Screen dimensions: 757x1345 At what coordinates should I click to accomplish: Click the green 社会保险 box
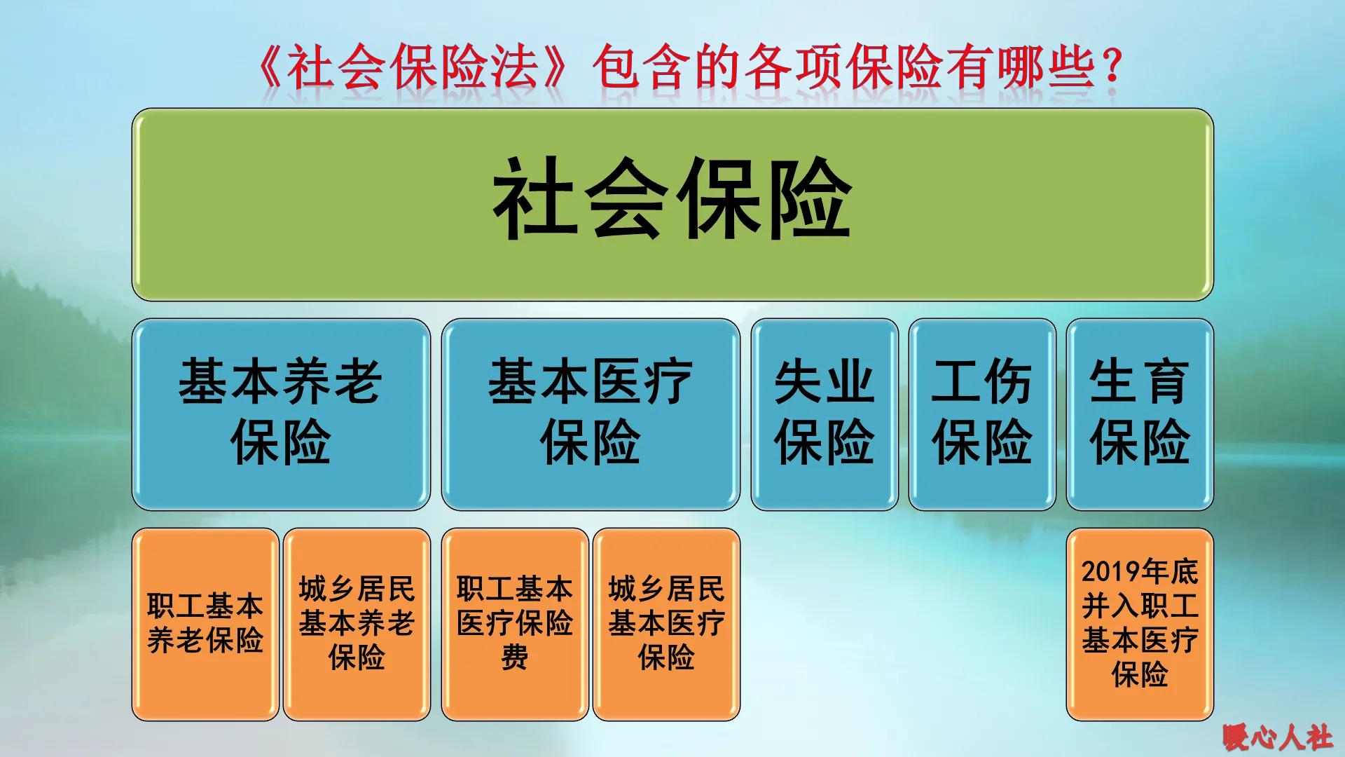672,204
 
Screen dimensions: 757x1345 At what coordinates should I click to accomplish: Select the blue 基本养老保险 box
280,414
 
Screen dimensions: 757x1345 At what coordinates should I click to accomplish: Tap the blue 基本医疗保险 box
590,414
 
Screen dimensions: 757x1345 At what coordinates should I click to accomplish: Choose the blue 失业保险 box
824,414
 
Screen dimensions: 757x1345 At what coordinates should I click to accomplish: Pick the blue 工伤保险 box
981,414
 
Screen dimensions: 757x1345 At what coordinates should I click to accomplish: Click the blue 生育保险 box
1139,414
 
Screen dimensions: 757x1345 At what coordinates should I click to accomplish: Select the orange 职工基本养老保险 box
205,624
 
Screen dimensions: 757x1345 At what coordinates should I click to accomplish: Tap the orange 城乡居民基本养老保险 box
357,624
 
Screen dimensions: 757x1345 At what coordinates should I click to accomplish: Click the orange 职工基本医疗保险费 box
514,624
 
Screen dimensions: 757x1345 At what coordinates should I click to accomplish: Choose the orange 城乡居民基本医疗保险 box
666,624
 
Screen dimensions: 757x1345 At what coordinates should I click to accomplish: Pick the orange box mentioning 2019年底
1139,624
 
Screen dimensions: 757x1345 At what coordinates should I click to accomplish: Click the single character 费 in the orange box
514,658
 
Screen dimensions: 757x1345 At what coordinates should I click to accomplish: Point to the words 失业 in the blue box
824,383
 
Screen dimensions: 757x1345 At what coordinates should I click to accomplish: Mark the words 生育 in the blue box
1139,383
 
